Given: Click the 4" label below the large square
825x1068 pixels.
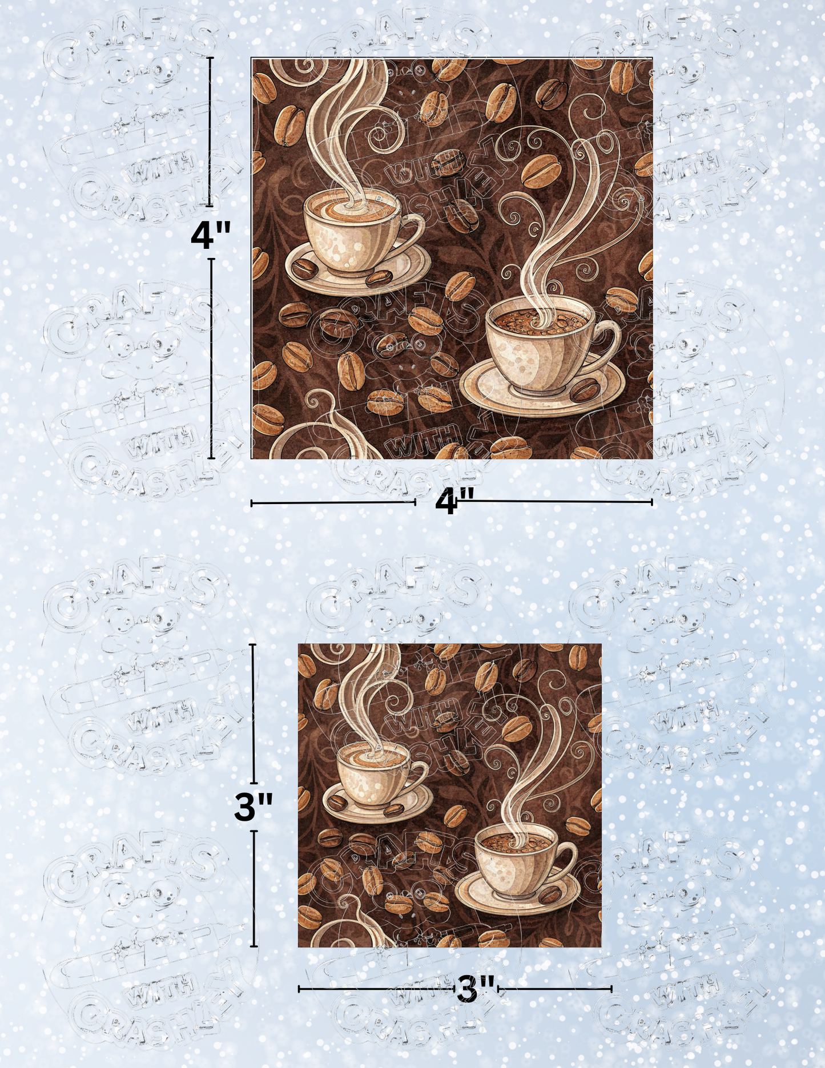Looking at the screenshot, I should tap(454, 502).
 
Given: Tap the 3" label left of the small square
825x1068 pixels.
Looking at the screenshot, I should tap(253, 807).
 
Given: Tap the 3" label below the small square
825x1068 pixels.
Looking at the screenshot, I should tap(476, 990).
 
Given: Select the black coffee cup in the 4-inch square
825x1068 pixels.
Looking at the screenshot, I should tap(537, 348).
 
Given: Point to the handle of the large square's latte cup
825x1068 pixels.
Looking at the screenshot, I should tap(414, 231).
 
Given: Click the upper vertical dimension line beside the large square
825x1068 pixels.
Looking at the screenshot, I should tap(210, 131).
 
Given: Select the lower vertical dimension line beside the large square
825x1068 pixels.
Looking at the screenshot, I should tap(212, 358).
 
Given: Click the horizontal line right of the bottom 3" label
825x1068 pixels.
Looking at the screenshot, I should tap(554, 989).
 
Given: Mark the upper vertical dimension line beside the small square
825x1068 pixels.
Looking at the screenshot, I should tap(253, 714).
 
